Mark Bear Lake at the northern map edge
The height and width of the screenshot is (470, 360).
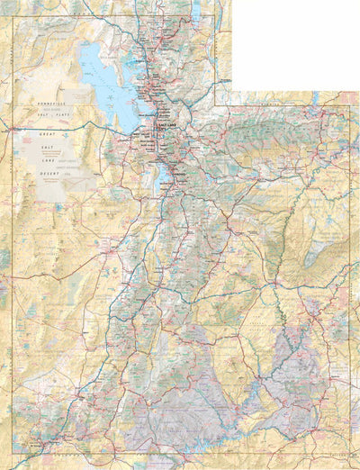tap(196, 11)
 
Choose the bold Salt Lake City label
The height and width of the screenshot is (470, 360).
tap(166, 127)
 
